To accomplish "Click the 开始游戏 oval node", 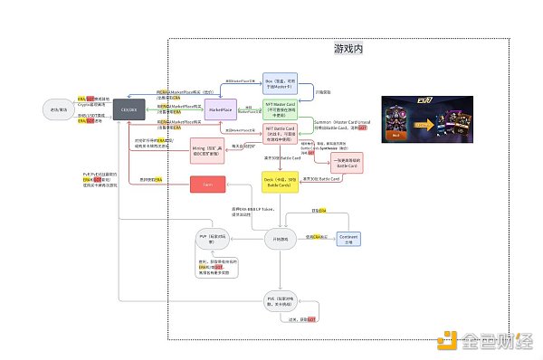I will [x=282, y=238].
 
